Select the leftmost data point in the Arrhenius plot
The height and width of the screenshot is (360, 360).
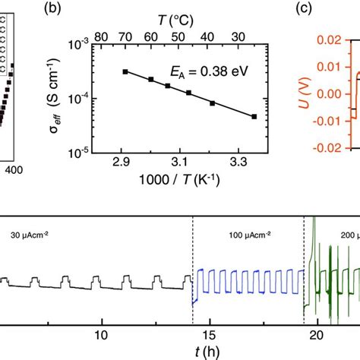click(125, 71)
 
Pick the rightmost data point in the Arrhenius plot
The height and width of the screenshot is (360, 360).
click(254, 117)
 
